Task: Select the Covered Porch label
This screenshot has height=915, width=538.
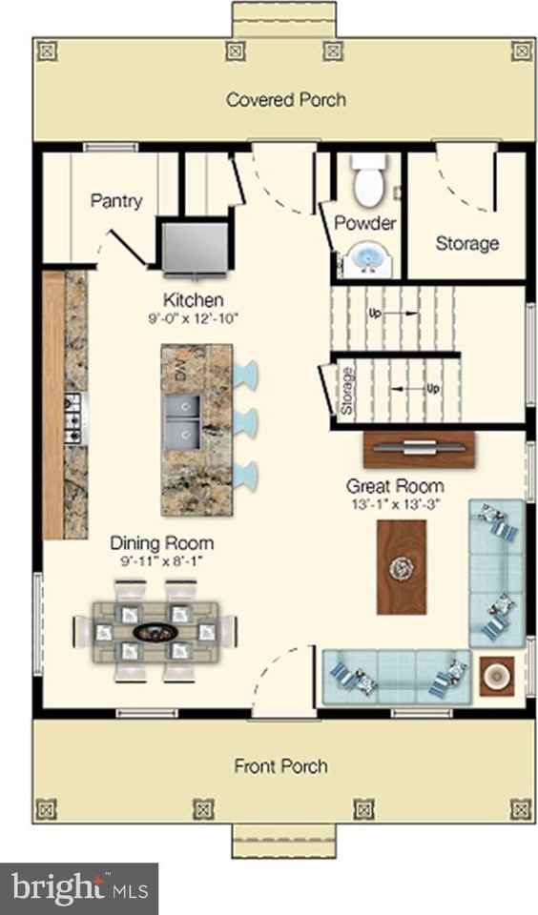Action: pos(285,99)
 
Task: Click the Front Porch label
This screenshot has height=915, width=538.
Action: pos(281,765)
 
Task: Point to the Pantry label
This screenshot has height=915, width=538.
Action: pos(116,201)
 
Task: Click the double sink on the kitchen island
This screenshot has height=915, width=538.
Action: pos(181,422)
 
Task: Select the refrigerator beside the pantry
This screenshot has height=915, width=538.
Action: pos(195,246)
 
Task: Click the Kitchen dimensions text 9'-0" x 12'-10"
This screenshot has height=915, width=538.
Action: pos(194,319)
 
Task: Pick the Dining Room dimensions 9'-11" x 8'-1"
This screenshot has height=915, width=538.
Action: pos(161,561)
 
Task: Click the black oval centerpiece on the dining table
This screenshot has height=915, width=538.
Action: pos(155,632)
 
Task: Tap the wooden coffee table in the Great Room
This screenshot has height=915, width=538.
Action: pos(402,566)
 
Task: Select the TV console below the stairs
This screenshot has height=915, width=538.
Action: pos(419,449)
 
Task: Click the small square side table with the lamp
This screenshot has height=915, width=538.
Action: pos(497,676)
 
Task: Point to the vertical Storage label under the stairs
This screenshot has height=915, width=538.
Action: pos(346,391)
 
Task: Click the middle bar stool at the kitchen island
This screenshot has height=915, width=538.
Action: pos(245,421)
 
